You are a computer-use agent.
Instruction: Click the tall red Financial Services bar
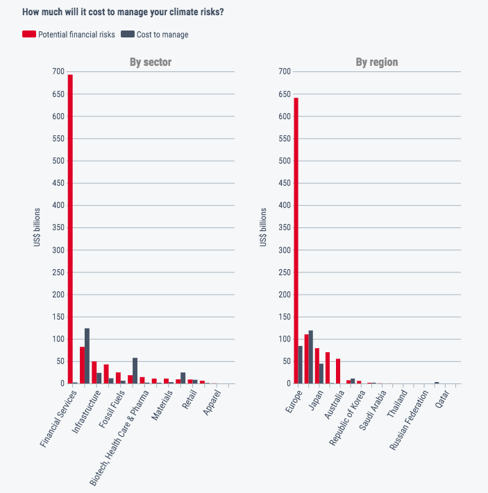point(70,229)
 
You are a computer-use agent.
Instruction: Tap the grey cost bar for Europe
point(301,365)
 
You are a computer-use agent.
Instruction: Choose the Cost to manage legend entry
point(154,34)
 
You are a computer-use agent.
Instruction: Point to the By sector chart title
point(151,62)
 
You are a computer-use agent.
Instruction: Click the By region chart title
point(377,62)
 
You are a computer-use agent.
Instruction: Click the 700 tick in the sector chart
point(58,71)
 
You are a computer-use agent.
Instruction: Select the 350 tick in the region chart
point(284,227)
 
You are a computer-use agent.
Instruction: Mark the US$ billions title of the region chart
point(263,227)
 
